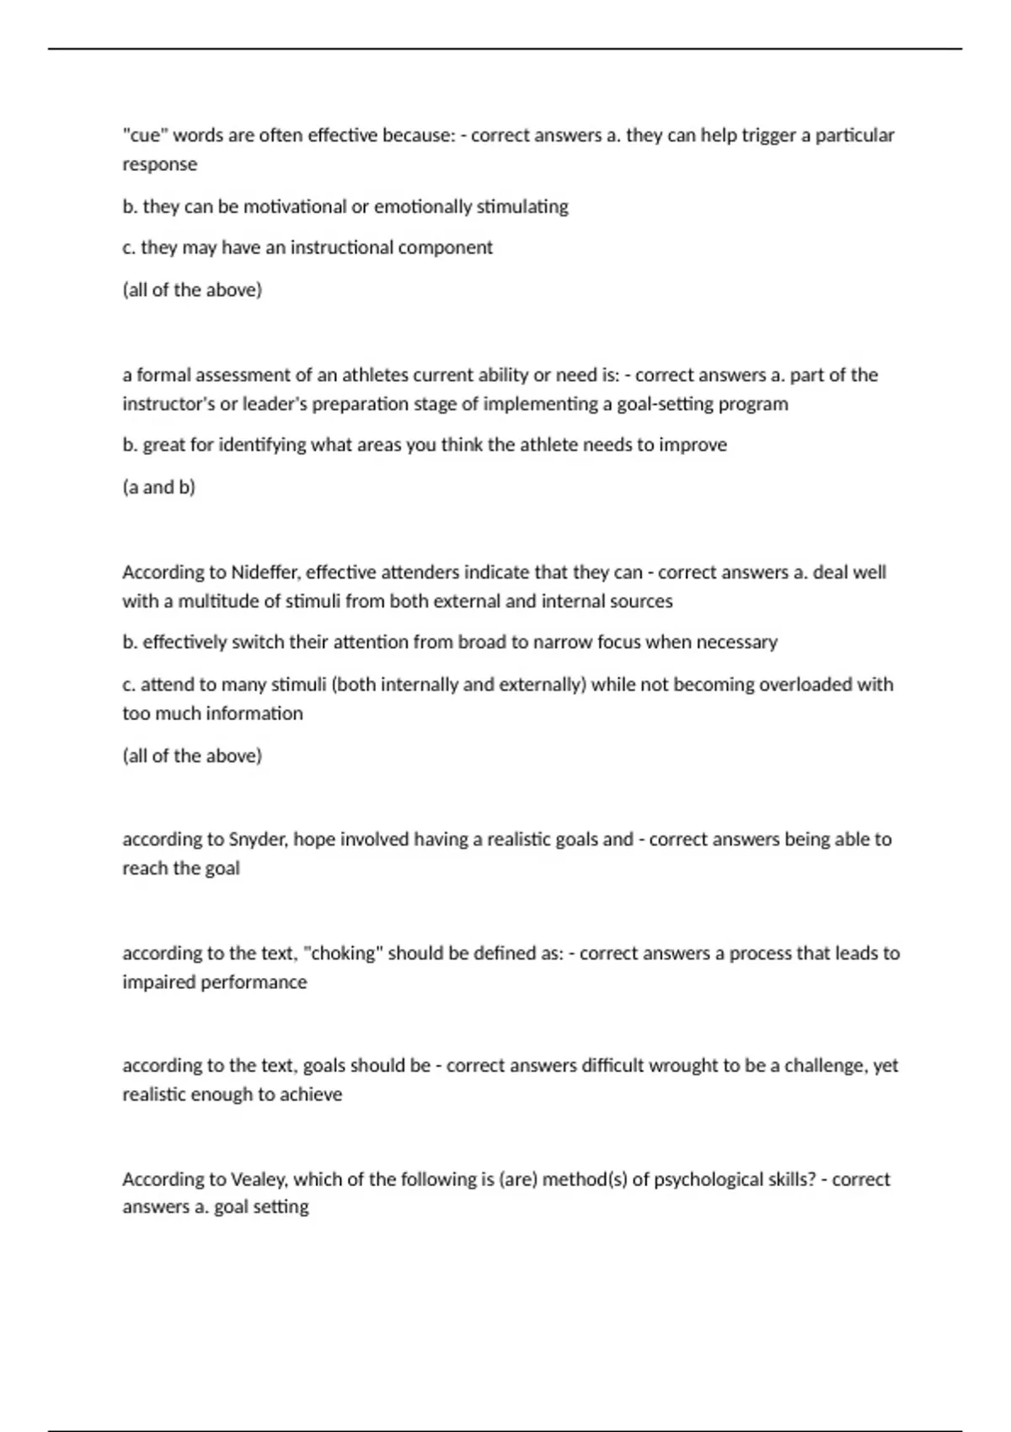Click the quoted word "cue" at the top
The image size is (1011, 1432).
pos(145,135)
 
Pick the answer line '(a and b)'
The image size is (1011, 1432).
pos(158,487)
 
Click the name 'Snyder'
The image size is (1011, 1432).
pos(257,839)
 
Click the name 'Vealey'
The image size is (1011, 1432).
pos(257,1179)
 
